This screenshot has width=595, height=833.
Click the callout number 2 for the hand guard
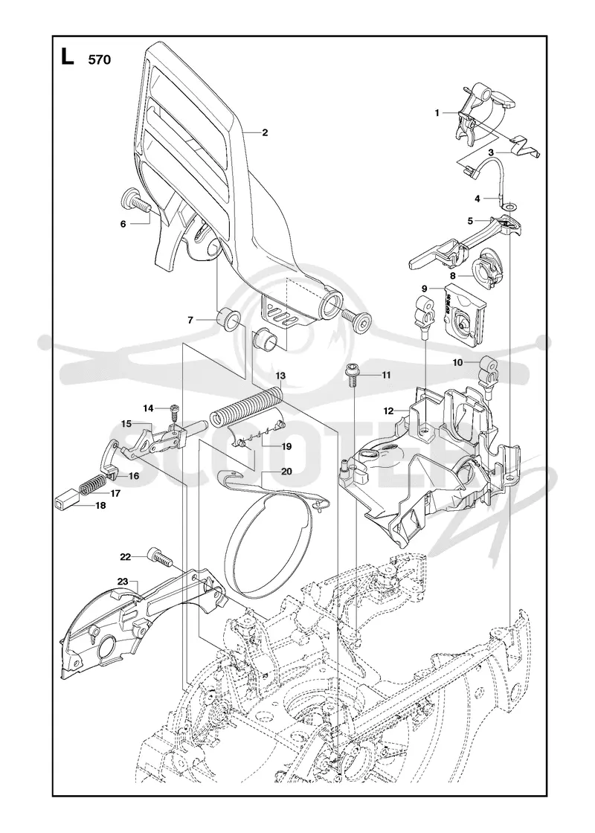(265, 133)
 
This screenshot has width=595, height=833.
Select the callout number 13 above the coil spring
(280, 376)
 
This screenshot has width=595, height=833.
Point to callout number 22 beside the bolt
(126, 557)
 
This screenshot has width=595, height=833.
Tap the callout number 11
(386, 375)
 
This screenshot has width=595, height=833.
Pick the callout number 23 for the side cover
(123, 582)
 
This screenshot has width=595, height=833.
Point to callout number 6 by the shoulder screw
(123, 224)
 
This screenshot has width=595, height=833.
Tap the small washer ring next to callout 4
(509, 205)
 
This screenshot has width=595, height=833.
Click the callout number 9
(425, 289)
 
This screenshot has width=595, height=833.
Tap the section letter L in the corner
(66, 57)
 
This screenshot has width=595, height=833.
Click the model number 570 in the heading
(100, 59)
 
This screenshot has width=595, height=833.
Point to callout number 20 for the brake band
(286, 472)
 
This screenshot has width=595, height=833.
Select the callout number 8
(453, 276)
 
